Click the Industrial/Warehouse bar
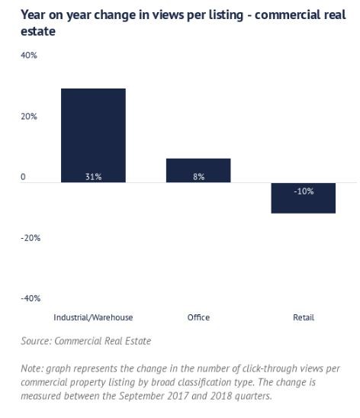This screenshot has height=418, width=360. coord(93,136)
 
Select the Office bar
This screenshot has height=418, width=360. coord(198,170)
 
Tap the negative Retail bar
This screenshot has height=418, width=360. coord(304,198)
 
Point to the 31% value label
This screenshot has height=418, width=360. coord(93,176)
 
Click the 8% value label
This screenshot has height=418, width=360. coord(198,176)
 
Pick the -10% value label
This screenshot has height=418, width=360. coord(304,191)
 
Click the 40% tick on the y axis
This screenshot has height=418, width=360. coord(29,55)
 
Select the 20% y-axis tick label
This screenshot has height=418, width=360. coord(29,116)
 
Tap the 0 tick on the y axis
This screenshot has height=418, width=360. coord(23,177)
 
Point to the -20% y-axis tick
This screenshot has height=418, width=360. coord(31,238)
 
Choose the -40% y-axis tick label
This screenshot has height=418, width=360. coord(31,298)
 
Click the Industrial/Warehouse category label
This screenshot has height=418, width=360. coord(93,317)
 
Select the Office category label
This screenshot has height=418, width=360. coord(198,317)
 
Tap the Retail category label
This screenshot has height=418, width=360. coord(304,317)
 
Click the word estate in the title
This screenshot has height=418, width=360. coord(38,31)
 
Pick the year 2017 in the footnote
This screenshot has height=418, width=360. coord(178,396)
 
